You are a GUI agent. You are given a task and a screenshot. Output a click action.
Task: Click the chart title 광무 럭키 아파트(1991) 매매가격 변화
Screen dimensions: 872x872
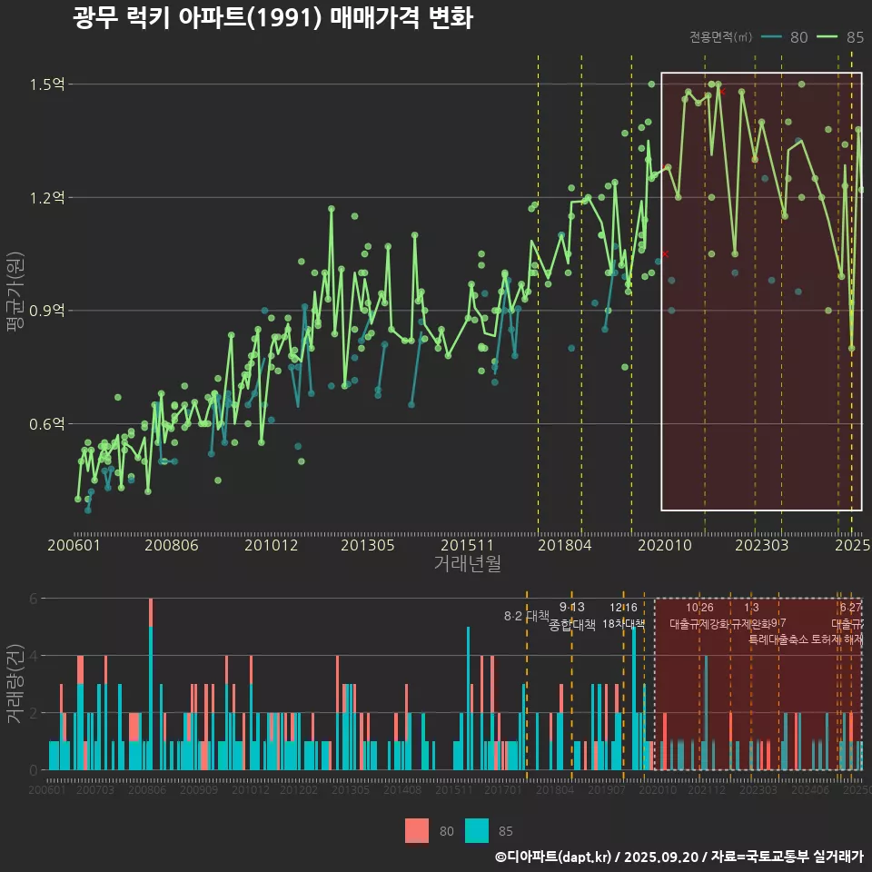(272, 19)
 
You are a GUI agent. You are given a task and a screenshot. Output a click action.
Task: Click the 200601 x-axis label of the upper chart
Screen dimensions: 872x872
(74, 546)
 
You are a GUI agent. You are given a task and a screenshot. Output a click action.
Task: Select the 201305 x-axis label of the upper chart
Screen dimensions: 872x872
(367, 546)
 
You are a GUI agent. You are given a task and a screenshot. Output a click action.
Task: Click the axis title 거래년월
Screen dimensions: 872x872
(467, 564)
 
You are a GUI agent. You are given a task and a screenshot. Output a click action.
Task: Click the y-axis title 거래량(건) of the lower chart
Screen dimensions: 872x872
(15, 684)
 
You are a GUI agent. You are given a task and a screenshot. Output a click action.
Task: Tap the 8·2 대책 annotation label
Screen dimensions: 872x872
(527, 616)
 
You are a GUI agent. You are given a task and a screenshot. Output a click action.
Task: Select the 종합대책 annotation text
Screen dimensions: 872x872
(572, 625)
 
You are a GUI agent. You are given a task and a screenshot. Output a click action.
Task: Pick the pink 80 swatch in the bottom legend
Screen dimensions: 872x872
(416, 830)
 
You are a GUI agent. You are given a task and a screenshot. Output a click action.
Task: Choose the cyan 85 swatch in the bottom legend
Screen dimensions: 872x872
(476, 830)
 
